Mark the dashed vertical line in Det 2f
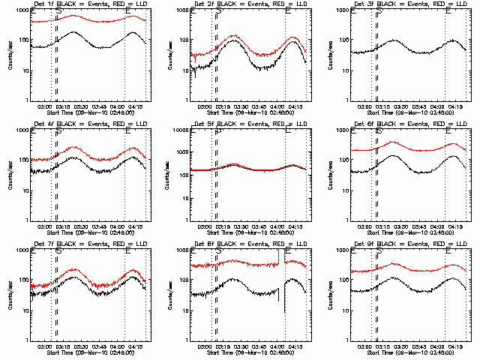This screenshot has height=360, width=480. tap(217, 60)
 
